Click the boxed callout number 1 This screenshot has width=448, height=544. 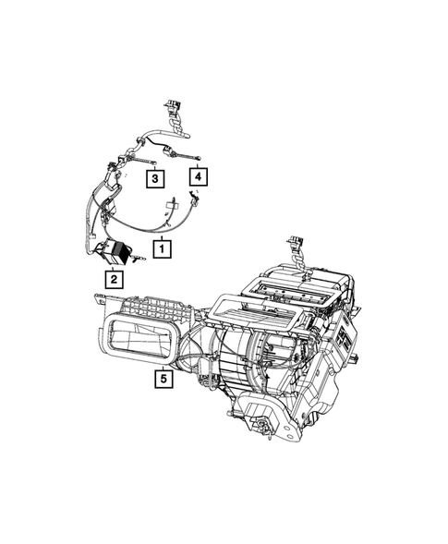tap(162, 248)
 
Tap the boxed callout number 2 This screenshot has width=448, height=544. tap(113, 278)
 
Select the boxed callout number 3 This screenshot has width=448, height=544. tap(155, 177)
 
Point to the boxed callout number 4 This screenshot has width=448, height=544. tap(197, 175)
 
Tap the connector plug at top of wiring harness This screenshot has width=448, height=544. tap(170, 104)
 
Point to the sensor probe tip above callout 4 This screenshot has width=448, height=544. tap(197, 156)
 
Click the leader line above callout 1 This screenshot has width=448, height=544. tap(162, 231)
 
